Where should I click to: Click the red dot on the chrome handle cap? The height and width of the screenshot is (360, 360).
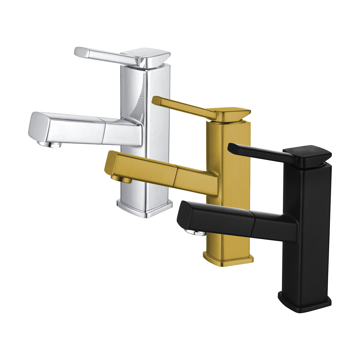130,53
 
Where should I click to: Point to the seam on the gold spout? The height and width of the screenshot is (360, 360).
175,175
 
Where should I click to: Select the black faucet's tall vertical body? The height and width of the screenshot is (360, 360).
312,226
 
